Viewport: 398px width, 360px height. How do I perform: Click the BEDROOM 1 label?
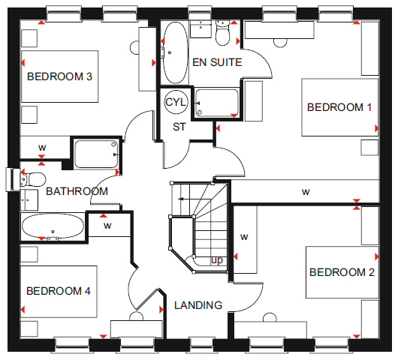point(339,107)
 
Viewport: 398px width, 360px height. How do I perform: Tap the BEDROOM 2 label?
point(342,272)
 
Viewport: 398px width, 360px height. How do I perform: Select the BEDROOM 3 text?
point(59,76)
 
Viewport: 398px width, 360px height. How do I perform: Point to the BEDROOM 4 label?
point(59,291)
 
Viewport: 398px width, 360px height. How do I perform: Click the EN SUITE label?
point(217,62)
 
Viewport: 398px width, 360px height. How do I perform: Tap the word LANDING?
point(198,305)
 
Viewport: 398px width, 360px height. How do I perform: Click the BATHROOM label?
point(77,191)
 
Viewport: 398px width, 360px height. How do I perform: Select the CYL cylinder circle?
point(176,102)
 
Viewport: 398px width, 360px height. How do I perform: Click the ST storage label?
point(179,127)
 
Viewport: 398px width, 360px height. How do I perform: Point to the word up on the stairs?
point(217,260)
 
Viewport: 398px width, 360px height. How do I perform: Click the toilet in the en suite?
point(222,33)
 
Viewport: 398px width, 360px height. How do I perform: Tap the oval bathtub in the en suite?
point(175,52)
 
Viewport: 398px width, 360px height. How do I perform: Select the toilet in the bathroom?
point(33,178)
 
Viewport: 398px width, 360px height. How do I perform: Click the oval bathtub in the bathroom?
point(53,226)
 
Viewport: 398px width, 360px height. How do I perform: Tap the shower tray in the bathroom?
point(96,154)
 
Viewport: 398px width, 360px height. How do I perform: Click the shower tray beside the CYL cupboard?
point(217,103)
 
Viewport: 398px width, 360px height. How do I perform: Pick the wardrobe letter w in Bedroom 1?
point(306,192)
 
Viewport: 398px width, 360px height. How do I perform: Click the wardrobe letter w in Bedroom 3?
point(42,148)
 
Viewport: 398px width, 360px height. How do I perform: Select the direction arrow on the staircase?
point(194,199)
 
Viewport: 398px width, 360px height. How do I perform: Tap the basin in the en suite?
point(201,29)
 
